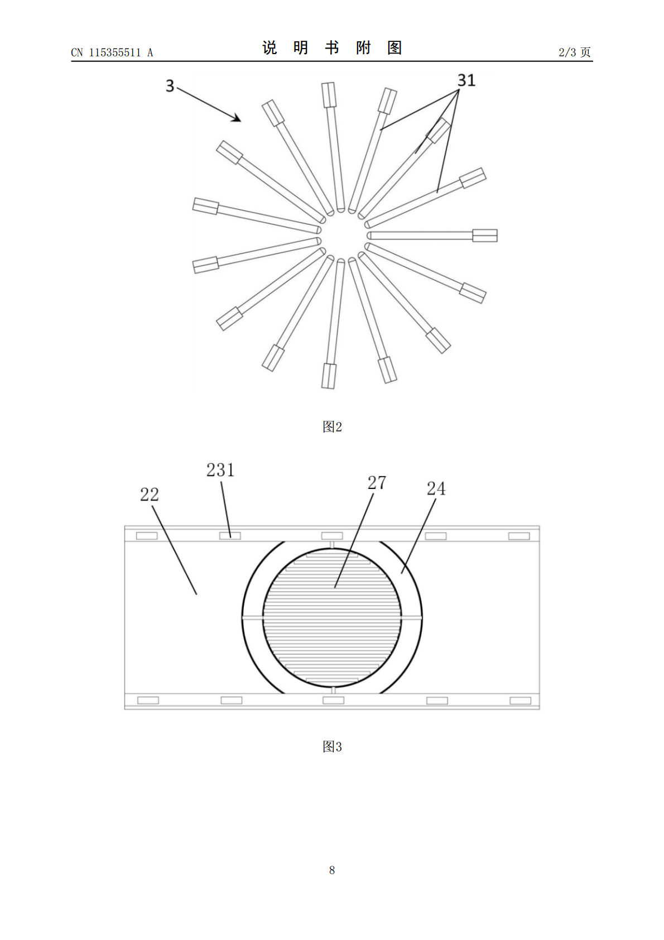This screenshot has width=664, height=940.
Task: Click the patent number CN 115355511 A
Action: [112, 52]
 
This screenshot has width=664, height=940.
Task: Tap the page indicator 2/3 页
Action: [575, 52]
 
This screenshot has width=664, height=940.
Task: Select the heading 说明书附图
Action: [332, 47]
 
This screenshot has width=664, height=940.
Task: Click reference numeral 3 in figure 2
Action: [170, 85]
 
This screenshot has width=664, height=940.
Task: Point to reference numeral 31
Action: [466, 80]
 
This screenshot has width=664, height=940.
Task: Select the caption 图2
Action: [332, 426]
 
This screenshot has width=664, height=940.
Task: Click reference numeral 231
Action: [220, 470]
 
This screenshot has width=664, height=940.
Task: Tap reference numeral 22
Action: [150, 495]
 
